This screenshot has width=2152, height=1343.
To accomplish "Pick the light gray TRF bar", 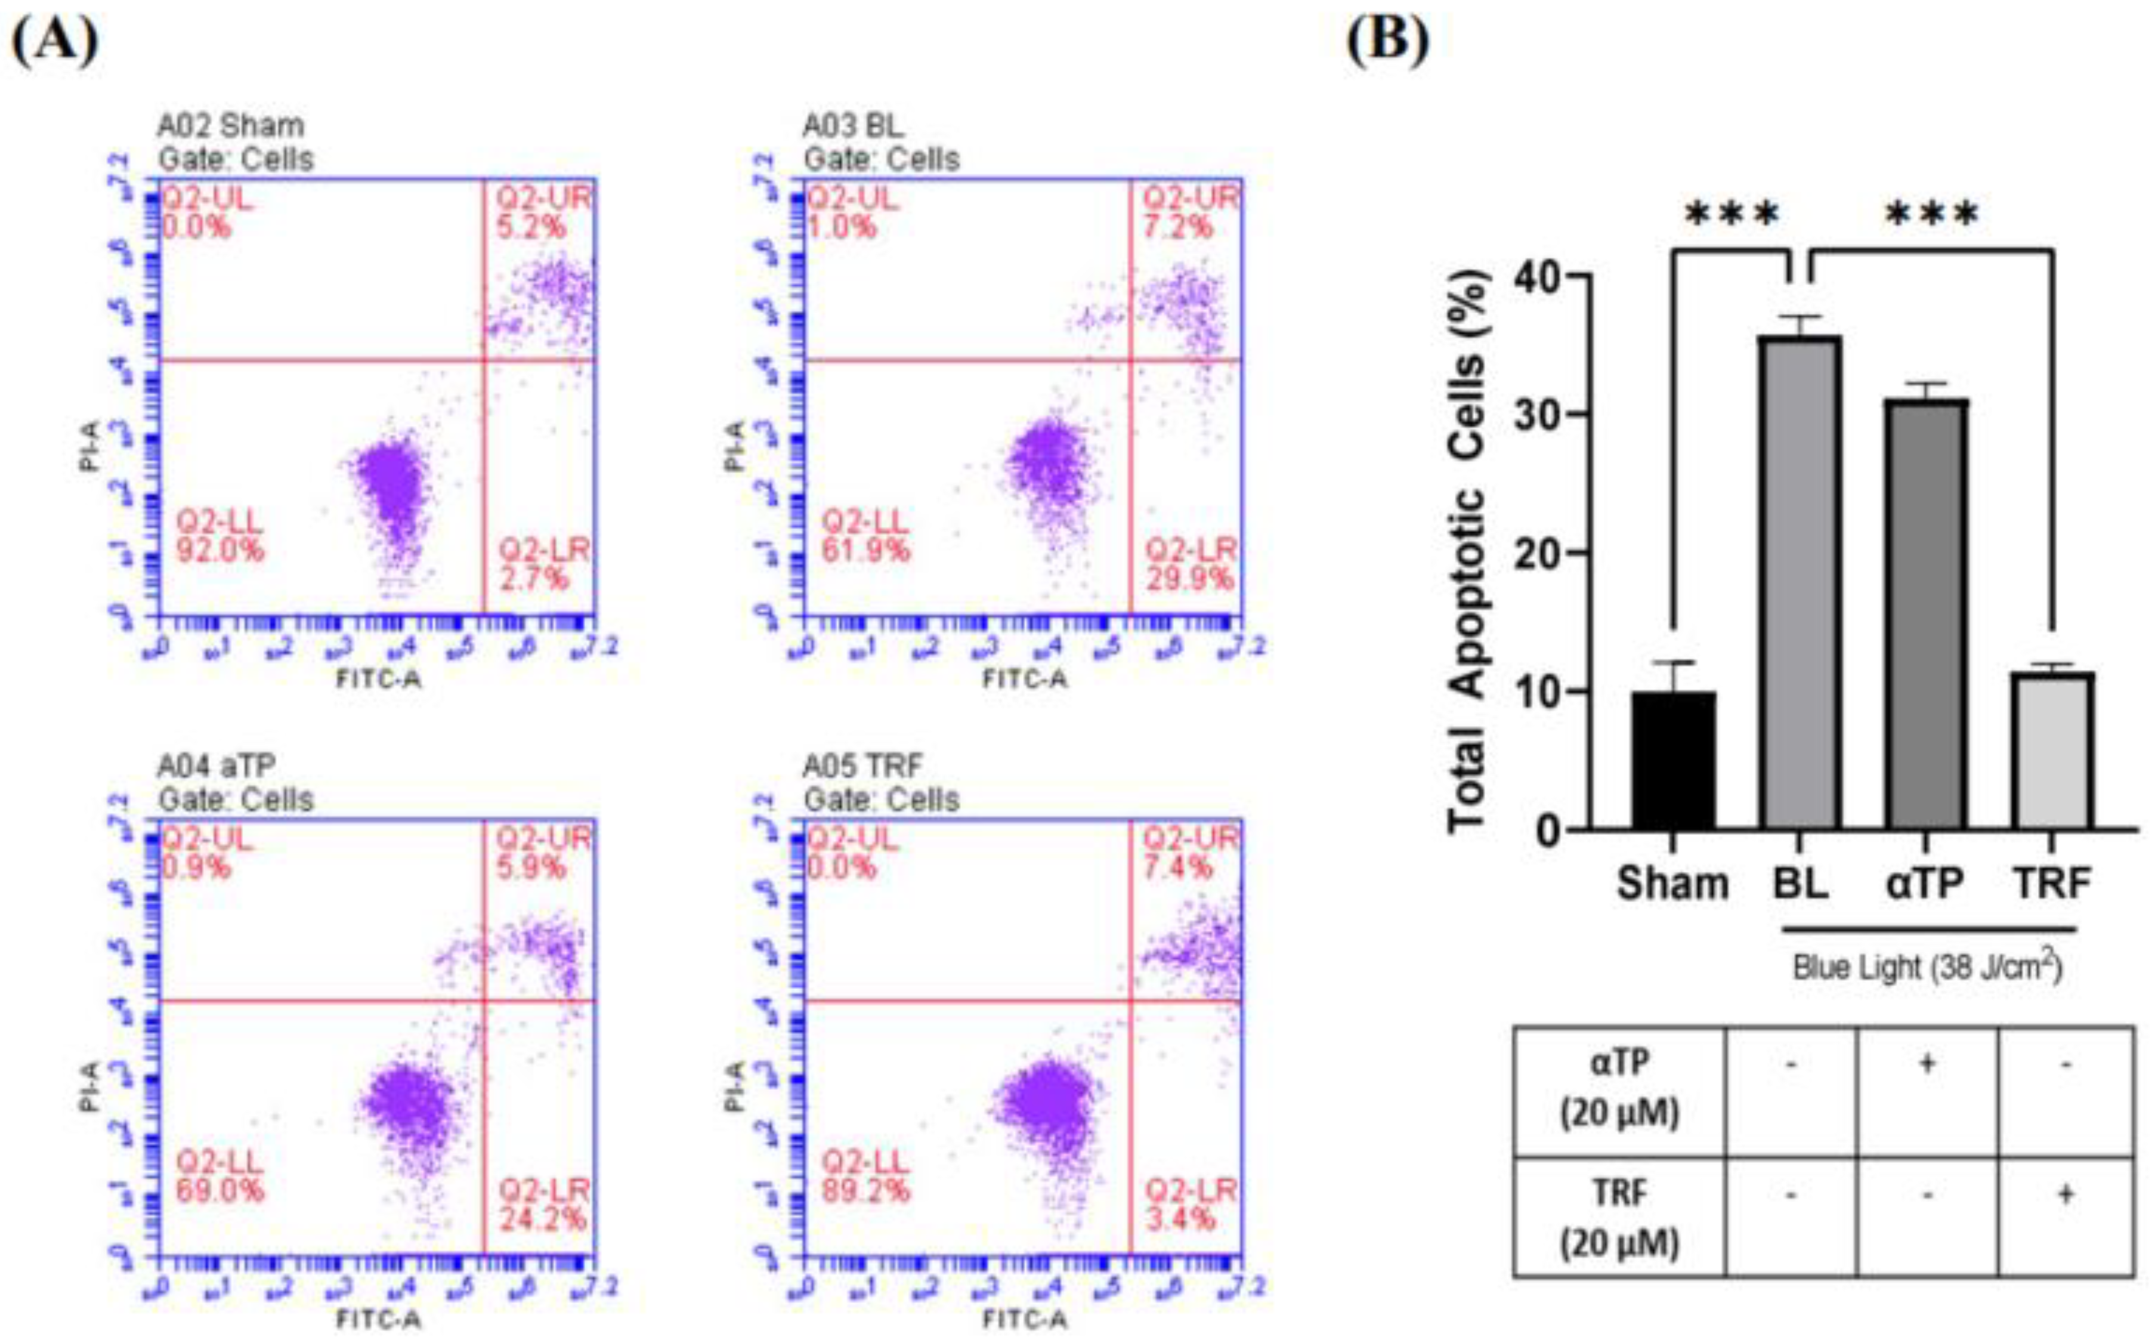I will click(x=2052, y=751).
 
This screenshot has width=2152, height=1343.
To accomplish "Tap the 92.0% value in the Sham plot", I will click(x=219, y=551).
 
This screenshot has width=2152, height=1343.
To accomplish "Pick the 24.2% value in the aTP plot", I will click(x=542, y=1219).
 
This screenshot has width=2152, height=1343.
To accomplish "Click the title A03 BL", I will click(x=853, y=126).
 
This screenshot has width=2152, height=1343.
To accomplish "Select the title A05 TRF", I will click(x=863, y=765).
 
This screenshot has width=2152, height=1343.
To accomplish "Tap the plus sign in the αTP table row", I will click(x=1927, y=1063).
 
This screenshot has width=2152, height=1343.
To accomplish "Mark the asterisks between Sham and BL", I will click(x=1732, y=215).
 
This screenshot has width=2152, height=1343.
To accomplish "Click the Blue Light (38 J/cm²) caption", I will click(x=1927, y=967).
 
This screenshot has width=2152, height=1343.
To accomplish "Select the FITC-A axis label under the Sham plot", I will click(x=378, y=680).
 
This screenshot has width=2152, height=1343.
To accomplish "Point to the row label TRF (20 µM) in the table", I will click(x=1619, y=1217).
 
